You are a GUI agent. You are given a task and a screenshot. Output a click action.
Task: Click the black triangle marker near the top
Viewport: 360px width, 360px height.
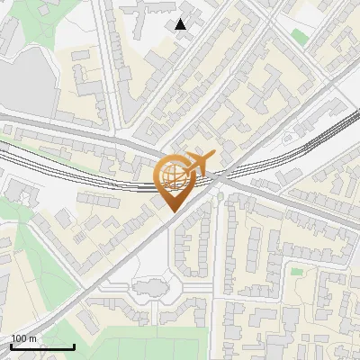tap(181, 24)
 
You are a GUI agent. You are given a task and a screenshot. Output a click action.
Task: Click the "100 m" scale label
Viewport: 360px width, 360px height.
tap(23, 338)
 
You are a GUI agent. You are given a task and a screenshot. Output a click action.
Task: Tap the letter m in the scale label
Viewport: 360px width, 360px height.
tap(32, 338)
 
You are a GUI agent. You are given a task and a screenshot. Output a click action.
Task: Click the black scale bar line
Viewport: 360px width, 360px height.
tap(42, 346)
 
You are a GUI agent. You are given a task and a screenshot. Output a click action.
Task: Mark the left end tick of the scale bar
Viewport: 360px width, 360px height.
tap(11, 345)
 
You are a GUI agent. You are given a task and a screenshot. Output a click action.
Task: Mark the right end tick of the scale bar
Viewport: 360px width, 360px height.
tap(74, 345)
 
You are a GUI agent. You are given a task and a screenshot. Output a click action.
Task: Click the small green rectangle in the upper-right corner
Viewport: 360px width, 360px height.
tap(299, 36)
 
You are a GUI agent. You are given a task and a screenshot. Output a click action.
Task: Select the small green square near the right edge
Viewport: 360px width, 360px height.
tap(296, 271)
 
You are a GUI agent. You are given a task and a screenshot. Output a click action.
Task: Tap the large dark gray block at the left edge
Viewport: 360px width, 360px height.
tap(18, 76)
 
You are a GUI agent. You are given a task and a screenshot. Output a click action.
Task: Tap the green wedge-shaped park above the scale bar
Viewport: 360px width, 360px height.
tap(36, 270)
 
